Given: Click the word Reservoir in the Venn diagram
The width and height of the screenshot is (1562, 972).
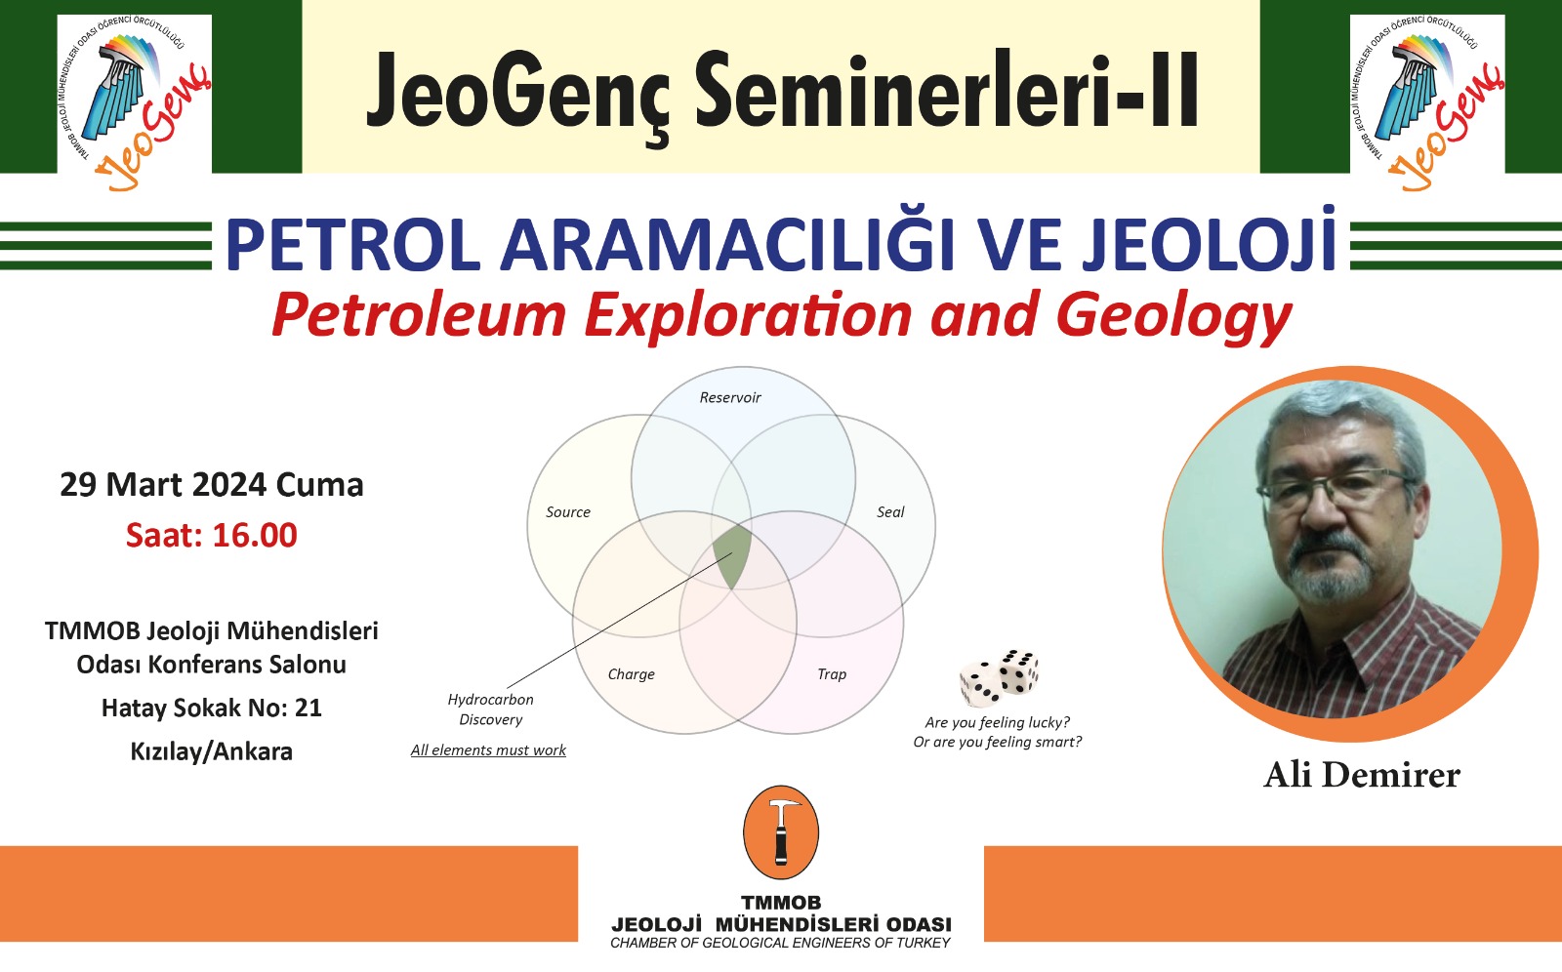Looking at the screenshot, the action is (730, 397).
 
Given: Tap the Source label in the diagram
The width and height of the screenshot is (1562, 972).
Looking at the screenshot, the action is (567, 511).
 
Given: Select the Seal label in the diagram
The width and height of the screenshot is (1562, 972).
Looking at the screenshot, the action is (890, 511).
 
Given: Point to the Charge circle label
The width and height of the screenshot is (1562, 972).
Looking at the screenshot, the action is (631, 674).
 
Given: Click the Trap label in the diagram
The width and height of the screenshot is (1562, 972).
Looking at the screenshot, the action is (832, 674).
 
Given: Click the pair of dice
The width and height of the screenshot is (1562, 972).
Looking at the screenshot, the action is (1000, 676).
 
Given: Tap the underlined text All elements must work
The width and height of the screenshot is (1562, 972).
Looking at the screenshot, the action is (488, 750).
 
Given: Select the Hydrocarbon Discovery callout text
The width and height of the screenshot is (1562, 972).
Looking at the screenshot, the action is (490, 709).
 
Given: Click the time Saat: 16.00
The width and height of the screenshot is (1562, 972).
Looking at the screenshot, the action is (211, 536).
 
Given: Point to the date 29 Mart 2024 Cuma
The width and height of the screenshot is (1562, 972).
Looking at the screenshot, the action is (211, 485).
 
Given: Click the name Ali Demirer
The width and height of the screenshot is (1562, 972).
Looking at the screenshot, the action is (1362, 775).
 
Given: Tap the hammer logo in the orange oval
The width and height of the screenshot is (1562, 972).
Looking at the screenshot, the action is (781, 831).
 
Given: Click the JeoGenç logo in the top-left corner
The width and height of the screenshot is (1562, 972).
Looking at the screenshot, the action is (136, 101).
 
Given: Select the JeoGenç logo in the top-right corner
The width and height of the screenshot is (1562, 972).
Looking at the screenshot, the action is (1427, 101).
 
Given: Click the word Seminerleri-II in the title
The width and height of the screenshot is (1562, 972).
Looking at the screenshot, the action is (947, 89).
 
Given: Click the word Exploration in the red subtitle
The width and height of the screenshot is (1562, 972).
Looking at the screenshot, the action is (748, 316).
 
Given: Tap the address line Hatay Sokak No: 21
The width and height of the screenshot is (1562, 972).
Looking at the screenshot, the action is (211, 709).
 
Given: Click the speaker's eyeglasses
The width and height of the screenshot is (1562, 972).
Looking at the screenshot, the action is (1337, 488).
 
